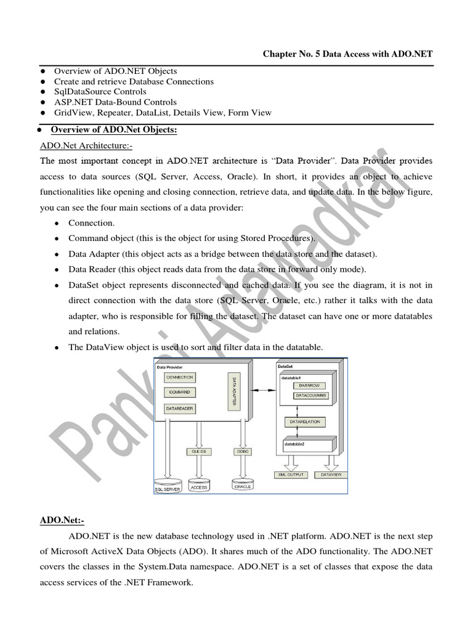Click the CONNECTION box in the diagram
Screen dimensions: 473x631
(180, 377)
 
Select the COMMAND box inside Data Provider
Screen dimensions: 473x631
(180, 392)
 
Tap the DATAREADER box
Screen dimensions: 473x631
(180, 408)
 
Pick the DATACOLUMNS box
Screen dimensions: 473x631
(311, 395)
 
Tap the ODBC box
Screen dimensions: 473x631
(242, 452)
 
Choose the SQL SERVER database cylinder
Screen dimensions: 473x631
(168, 486)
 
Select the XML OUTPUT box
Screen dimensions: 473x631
(291, 474)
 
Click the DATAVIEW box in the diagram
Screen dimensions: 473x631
(331, 474)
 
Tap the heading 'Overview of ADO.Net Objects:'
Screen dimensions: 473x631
(114, 129)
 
